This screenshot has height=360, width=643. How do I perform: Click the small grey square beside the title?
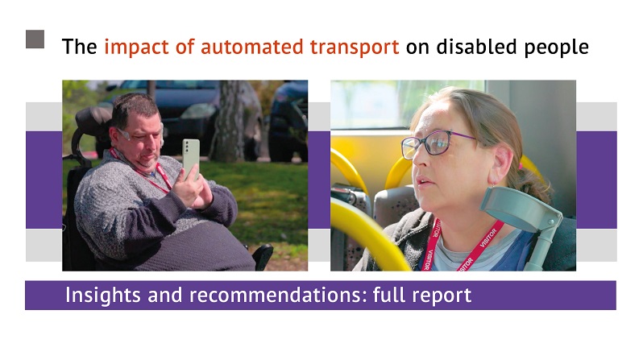point(35,39)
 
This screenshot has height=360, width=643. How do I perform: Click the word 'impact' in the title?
point(136,48)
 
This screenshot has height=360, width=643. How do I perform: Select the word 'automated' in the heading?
point(251,47)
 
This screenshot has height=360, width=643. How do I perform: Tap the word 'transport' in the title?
point(355,48)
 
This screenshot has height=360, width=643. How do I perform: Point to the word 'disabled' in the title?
point(476,47)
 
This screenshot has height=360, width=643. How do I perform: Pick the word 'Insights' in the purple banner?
point(103,295)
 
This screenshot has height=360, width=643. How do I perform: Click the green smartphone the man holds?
point(191,158)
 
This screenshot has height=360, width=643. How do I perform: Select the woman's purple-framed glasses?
point(434,144)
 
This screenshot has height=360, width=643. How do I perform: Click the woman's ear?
point(502,164)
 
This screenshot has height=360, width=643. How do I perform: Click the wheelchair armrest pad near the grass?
point(263,255)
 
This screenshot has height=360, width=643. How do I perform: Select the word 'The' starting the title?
point(80,47)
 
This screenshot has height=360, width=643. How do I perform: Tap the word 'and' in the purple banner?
point(165,295)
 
